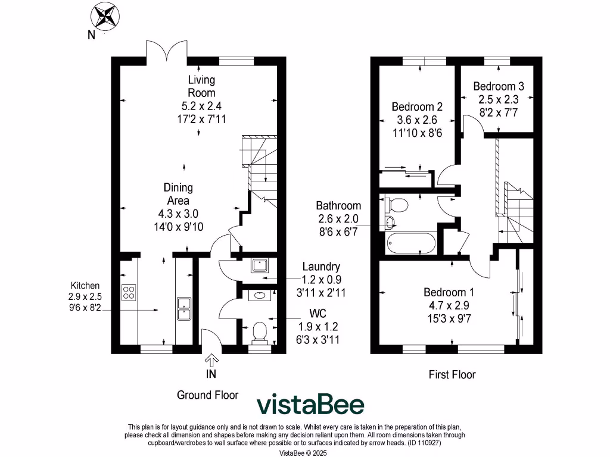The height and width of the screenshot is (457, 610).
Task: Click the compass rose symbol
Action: pyautogui.click(x=105, y=16)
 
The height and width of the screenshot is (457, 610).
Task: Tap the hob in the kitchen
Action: pyautogui.click(x=129, y=293)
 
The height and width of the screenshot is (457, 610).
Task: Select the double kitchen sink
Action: pyautogui.click(x=184, y=309)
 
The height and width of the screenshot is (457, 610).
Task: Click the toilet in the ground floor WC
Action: pyautogui.click(x=260, y=333)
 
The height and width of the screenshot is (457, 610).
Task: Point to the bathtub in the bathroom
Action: pyautogui.click(x=412, y=242)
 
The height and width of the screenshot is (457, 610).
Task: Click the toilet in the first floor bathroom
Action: pyautogui.click(x=396, y=205)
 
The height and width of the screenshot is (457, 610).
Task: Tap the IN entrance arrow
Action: pyautogui.click(x=211, y=360)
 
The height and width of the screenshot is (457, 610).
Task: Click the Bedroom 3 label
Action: pyautogui.click(x=499, y=86)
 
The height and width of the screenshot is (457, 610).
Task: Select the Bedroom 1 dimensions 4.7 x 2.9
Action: pyautogui.click(x=449, y=305)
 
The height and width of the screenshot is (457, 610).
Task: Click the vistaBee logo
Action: pyautogui.click(x=310, y=405)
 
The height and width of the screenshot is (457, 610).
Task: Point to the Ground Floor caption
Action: pyautogui.click(x=207, y=395)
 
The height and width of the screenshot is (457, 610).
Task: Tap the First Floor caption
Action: pyautogui.click(x=452, y=375)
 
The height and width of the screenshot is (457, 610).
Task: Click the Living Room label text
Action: pyautogui.click(x=201, y=86)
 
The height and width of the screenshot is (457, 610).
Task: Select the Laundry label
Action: pyautogui.click(x=321, y=267)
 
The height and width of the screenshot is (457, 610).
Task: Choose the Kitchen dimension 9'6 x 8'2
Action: pyautogui.click(x=85, y=308)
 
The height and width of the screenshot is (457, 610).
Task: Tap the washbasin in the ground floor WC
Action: pyautogui.click(x=259, y=295)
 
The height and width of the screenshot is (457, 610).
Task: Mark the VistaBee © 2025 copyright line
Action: pyautogui.click(x=303, y=453)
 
